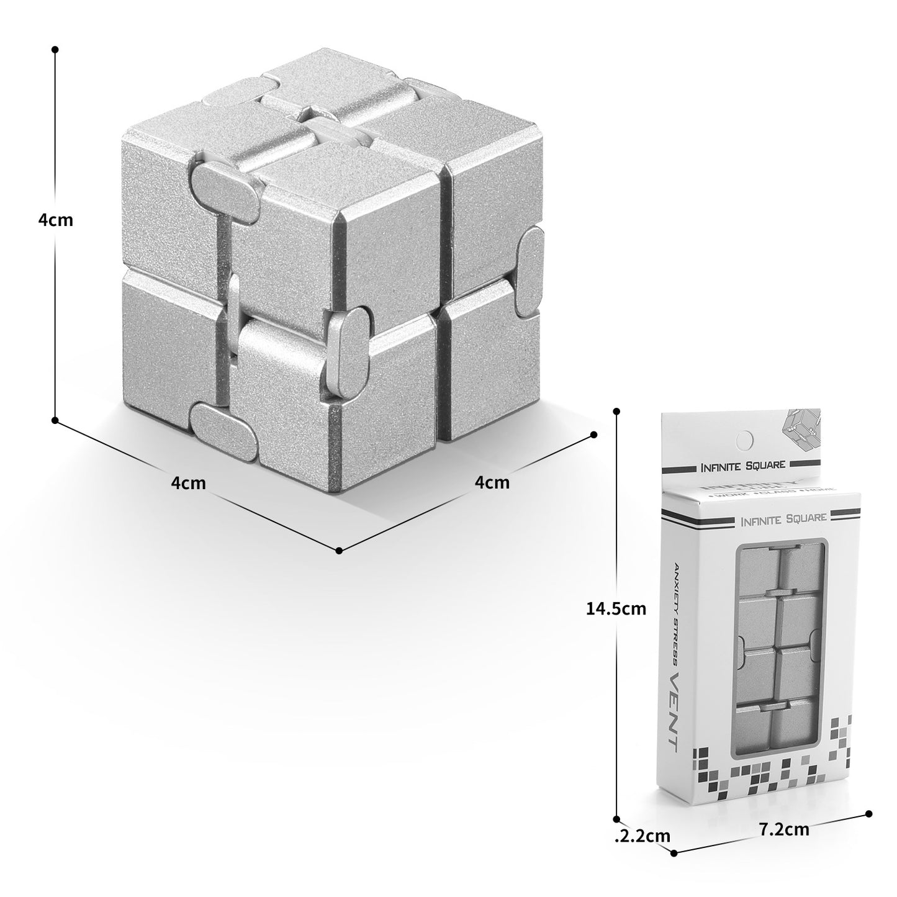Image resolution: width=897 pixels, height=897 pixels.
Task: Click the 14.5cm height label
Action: tap(616, 608)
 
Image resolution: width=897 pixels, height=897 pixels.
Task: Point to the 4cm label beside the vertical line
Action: tap(55, 220)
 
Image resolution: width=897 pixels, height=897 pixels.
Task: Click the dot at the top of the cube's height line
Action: tap(55, 48)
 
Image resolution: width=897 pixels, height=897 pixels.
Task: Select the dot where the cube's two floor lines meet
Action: tap(339, 550)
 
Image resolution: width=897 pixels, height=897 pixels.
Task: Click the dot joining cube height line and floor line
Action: tap(55, 420)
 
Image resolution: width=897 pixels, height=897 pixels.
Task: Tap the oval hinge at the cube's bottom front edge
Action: tap(225, 433)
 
